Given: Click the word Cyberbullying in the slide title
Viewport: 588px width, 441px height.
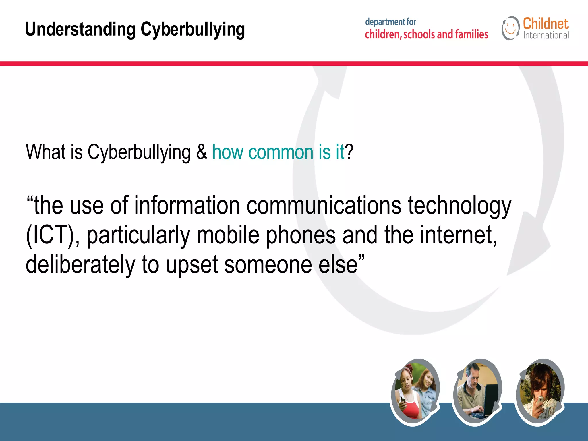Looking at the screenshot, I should coord(193,30).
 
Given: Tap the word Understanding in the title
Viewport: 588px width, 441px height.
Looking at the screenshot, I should coord(80,30).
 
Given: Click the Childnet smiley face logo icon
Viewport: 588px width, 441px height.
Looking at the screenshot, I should coord(510,28).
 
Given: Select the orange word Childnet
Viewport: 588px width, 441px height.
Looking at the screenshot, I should coord(546,24).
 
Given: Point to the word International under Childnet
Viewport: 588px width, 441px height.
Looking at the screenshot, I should coord(546,36).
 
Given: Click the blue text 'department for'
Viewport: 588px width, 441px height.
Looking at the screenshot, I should coord(390,22).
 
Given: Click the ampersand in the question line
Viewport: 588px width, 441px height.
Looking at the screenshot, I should coord(202,152).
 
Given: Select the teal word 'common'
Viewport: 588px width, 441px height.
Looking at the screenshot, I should coord(281,152).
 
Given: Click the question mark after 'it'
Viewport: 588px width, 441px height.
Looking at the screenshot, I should coord(349,152).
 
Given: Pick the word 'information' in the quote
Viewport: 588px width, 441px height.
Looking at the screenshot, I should coord(187,206).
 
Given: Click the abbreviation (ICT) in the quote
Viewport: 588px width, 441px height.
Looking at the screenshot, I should coord(51,235).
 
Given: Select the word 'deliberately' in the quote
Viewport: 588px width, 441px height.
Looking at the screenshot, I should coord(80,265).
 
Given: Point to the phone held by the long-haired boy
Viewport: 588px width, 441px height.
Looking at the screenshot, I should coord(540,399).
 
